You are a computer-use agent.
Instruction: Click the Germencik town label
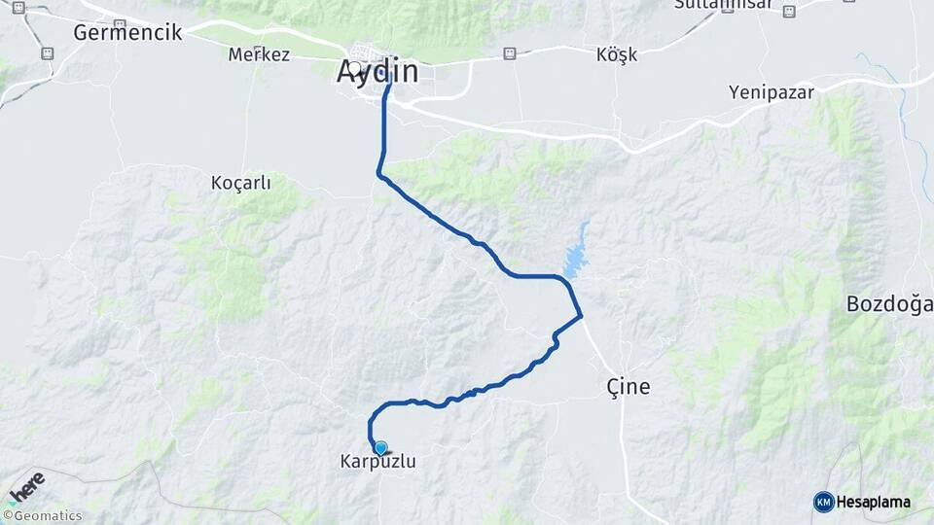(x=127, y=32)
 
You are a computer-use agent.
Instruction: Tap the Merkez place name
(x=259, y=54)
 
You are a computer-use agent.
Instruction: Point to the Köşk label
(x=616, y=54)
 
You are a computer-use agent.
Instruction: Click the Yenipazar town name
(x=772, y=92)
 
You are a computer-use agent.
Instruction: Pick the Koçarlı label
(x=240, y=182)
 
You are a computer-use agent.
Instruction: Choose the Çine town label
(x=628, y=387)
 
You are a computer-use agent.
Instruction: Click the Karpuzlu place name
(x=377, y=462)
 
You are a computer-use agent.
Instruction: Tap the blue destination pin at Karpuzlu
(x=380, y=448)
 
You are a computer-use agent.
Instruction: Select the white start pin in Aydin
(x=356, y=70)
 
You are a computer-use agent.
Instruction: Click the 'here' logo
(x=26, y=485)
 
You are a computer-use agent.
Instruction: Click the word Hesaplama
(x=873, y=502)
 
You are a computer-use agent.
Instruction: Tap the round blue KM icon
(x=823, y=502)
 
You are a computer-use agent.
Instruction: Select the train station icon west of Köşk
(x=509, y=54)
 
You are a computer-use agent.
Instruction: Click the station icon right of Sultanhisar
(x=788, y=11)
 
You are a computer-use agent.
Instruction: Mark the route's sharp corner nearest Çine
(x=581, y=315)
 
